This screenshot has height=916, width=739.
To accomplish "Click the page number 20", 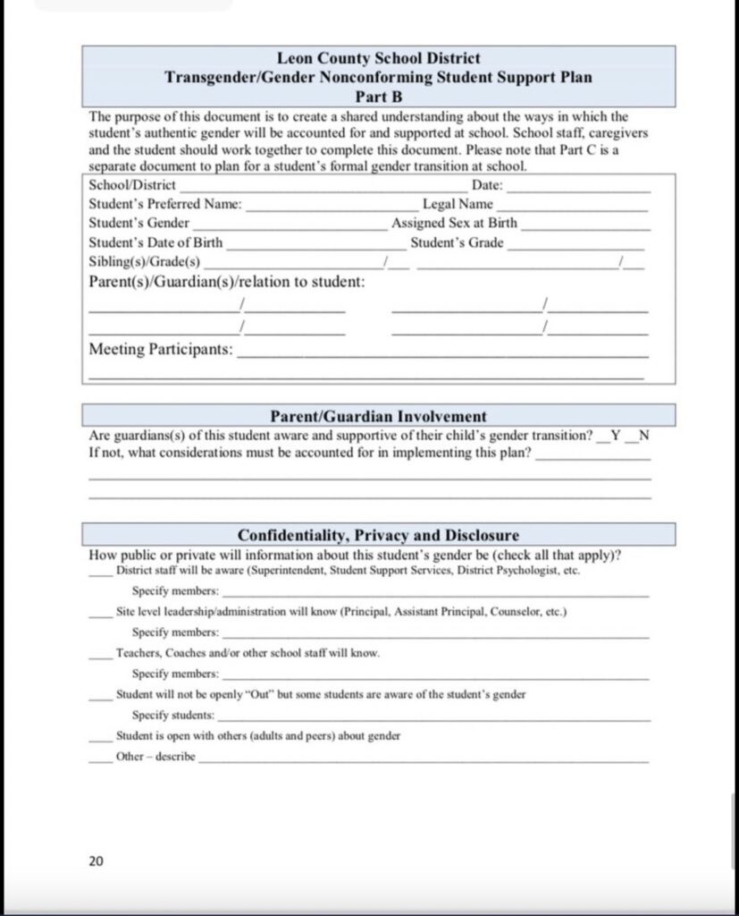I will point(97,861).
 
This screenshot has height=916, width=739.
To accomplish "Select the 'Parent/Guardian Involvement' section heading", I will point(378,416).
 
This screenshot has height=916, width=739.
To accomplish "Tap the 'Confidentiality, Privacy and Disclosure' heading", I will point(378,535).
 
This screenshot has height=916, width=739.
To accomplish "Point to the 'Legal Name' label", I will point(458,204).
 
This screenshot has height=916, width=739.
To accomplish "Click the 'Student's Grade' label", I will point(457,242).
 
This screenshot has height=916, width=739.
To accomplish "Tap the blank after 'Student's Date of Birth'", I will point(306,245).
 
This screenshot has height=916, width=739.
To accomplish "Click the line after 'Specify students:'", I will point(434,719).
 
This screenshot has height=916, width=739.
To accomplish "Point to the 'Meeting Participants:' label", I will point(161,349).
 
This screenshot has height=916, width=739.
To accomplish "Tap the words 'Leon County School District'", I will point(378,59).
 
